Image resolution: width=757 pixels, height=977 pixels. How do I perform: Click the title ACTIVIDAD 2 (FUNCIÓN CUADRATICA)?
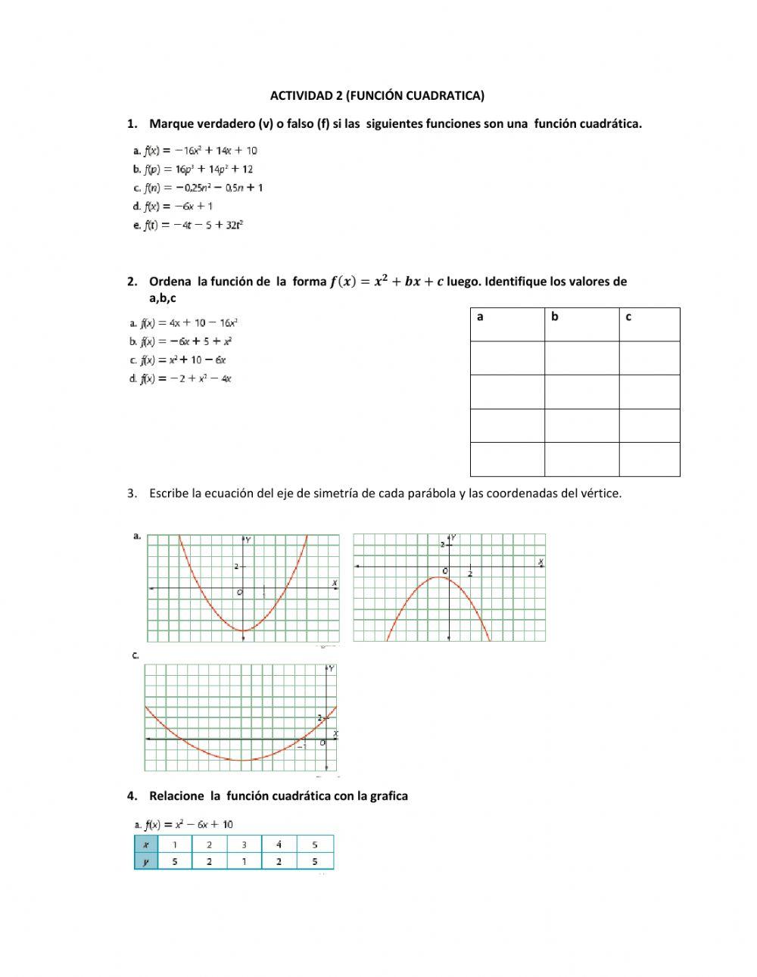[x=377, y=95]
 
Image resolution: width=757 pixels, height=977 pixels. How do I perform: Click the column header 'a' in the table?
[x=481, y=317]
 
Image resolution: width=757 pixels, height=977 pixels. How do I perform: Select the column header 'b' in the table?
[x=555, y=317]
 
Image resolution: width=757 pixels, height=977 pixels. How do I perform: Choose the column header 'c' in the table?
[x=628, y=317]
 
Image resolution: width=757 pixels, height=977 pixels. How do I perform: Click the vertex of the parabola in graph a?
[x=243, y=630]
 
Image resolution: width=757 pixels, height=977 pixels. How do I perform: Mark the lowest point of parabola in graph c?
[x=241, y=761]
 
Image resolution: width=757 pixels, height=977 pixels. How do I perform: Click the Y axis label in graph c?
[x=332, y=669]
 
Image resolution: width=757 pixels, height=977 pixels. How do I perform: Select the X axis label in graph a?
[x=335, y=582]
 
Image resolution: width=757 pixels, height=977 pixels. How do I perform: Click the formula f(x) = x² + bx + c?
[x=387, y=282]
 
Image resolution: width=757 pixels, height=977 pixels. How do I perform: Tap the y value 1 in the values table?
[x=244, y=861]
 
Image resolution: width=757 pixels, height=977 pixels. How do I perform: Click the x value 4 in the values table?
[x=279, y=845]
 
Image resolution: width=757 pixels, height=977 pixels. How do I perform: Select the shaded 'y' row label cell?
[x=146, y=861]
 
